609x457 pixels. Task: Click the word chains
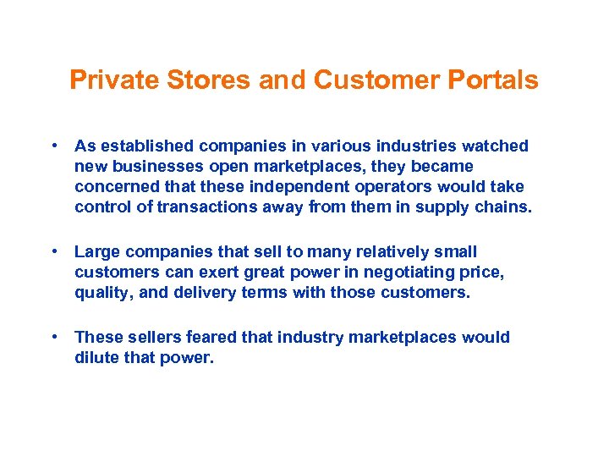[x=504, y=206]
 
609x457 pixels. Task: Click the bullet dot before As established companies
[x=54, y=146]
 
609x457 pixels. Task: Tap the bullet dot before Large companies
[x=54, y=251]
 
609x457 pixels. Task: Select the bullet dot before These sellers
[x=54, y=337]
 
